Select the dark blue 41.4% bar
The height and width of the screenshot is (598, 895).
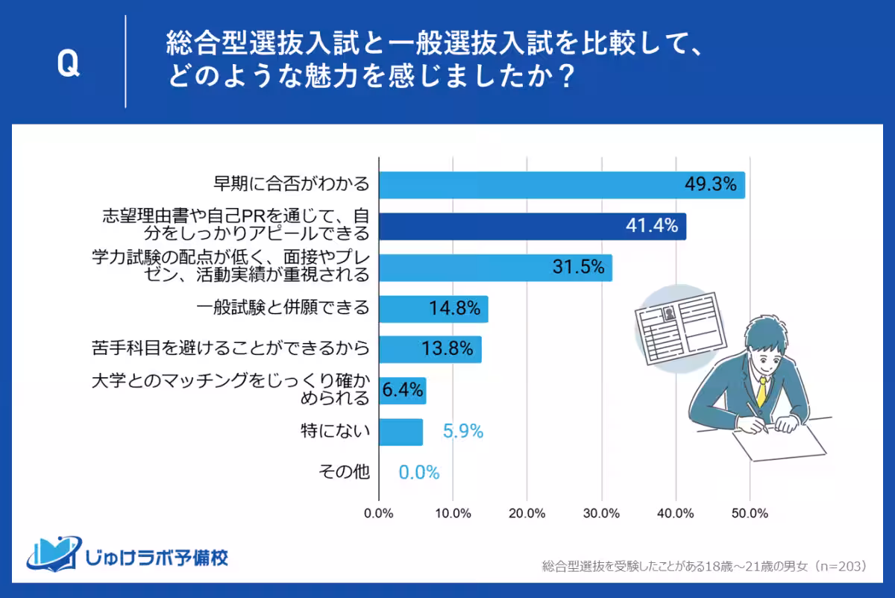coord(532,226)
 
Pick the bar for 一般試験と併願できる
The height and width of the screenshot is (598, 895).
coord(433,309)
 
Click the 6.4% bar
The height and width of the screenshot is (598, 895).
coord(402,390)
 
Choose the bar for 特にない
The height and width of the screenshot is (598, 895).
coord(401,431)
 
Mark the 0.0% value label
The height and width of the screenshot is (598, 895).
coord(418,472)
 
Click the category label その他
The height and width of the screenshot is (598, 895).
coord(344,472)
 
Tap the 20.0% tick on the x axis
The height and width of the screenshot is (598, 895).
coord(527,514)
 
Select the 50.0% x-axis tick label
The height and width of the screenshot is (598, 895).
coord(750,514)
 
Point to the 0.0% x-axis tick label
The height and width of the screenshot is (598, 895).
coord(379,514)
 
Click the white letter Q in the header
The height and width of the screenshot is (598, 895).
coord(68,65)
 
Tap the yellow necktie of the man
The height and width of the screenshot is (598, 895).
coord(761,391)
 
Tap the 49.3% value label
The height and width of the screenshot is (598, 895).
coord(711,184)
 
